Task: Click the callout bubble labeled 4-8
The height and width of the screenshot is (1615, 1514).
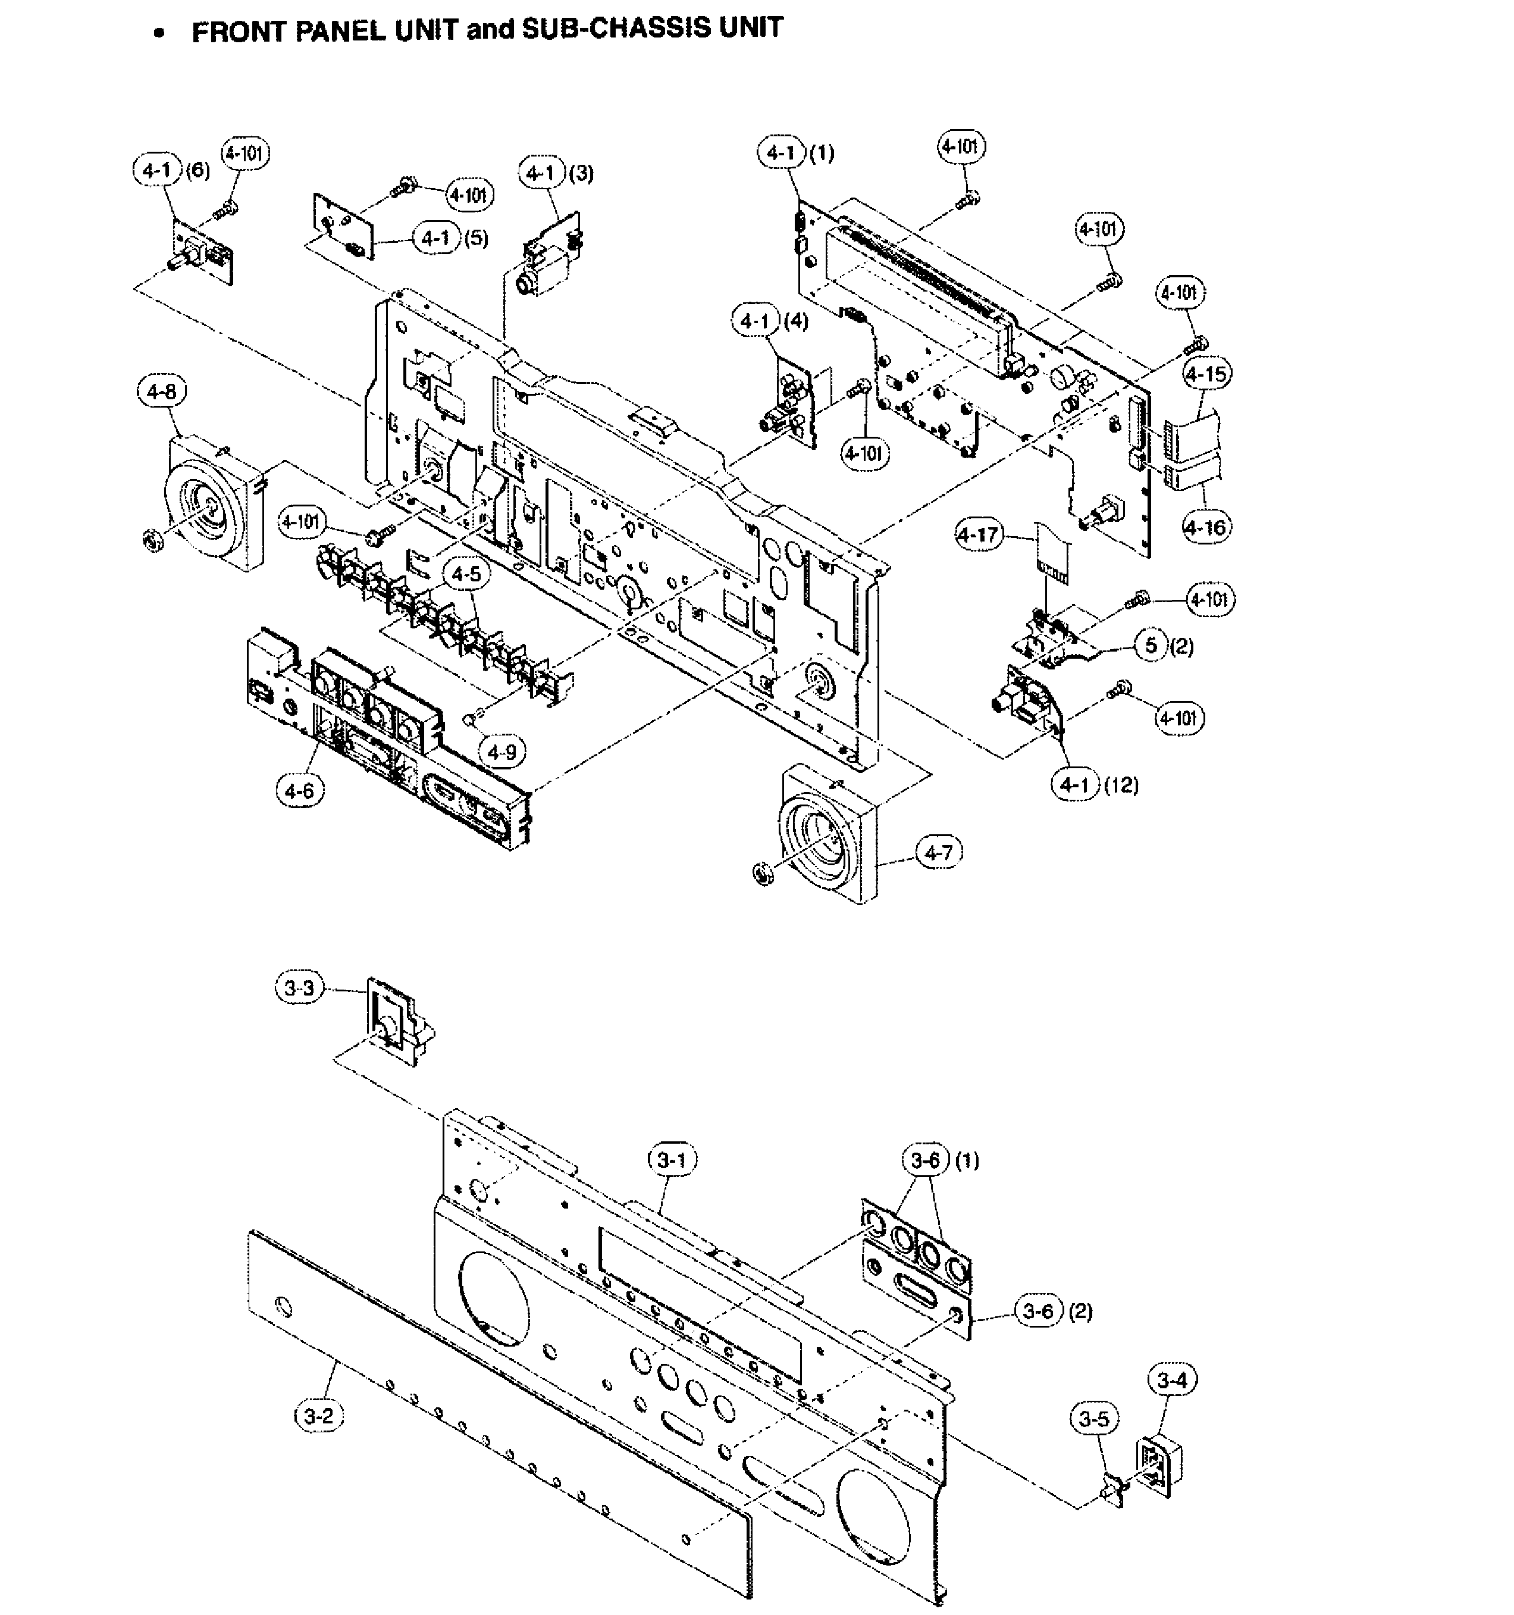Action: [161, 392]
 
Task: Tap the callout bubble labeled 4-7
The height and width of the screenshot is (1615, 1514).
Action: [939, 852]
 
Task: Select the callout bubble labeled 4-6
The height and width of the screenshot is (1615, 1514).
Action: [300, 789]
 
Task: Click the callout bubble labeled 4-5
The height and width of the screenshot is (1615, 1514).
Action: [466, 574]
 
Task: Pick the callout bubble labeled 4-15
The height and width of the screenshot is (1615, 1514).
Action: [1206, 374]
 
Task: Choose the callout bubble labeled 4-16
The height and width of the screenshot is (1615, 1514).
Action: [1206, 527]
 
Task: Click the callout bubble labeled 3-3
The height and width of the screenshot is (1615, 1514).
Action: [299, 988]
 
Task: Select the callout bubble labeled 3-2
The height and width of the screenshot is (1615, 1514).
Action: [318, 1416]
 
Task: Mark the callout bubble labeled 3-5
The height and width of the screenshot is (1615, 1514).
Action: [1094, 1419]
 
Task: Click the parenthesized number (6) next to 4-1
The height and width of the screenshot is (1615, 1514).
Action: [198, 171]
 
